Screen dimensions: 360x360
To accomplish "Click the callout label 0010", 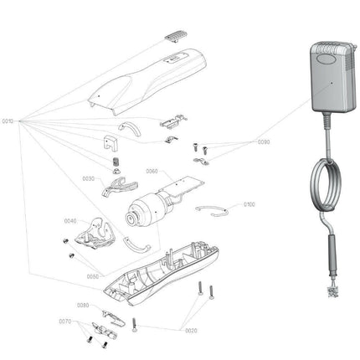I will [8, 121].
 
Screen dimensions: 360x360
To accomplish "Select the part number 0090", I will [264, 141].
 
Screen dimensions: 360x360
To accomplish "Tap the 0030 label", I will [88, 178].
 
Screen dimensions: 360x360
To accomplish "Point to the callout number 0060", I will [152, 171].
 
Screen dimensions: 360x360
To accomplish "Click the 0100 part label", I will [249, 203].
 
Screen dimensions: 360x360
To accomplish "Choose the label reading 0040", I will [70, 221].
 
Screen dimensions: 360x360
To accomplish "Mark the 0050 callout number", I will [92, 275].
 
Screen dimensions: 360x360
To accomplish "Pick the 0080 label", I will [83, 305].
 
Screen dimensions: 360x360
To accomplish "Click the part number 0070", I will [64, 321].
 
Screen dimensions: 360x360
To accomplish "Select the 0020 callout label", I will [192, 330].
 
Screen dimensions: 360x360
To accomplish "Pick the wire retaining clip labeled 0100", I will [213, 208].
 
